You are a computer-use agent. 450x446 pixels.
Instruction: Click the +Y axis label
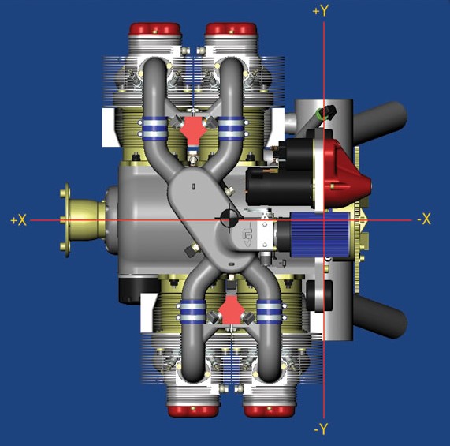pyautogui.click(x=320, y=10)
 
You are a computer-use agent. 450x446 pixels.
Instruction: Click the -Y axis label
pyautogui.click(x=321, y=430)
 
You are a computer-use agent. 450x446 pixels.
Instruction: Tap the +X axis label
pyautogui.click(x=18, y=220)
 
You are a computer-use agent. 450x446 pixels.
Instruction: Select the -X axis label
pyautogui.click(x=424, y=219)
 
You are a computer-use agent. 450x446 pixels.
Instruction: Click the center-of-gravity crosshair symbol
pyautogui.click(x=229, y=217)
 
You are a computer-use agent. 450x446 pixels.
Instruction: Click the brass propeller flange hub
pyautogui.click(x=83, y=220)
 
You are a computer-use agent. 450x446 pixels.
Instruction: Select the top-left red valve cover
pyautogui.click(x=155, y=29)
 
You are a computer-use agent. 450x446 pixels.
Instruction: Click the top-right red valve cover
pyautogui.click(x=231, y=29)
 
